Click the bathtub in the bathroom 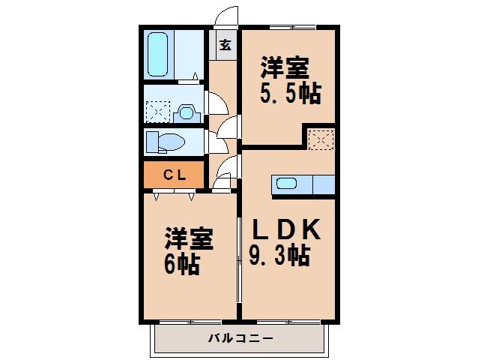click(160, 55)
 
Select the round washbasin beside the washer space click(187, 113)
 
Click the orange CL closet click(174, 175)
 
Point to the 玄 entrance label click(224, 44)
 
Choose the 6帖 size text click(182, 264)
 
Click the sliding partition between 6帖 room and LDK click(239, 259)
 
